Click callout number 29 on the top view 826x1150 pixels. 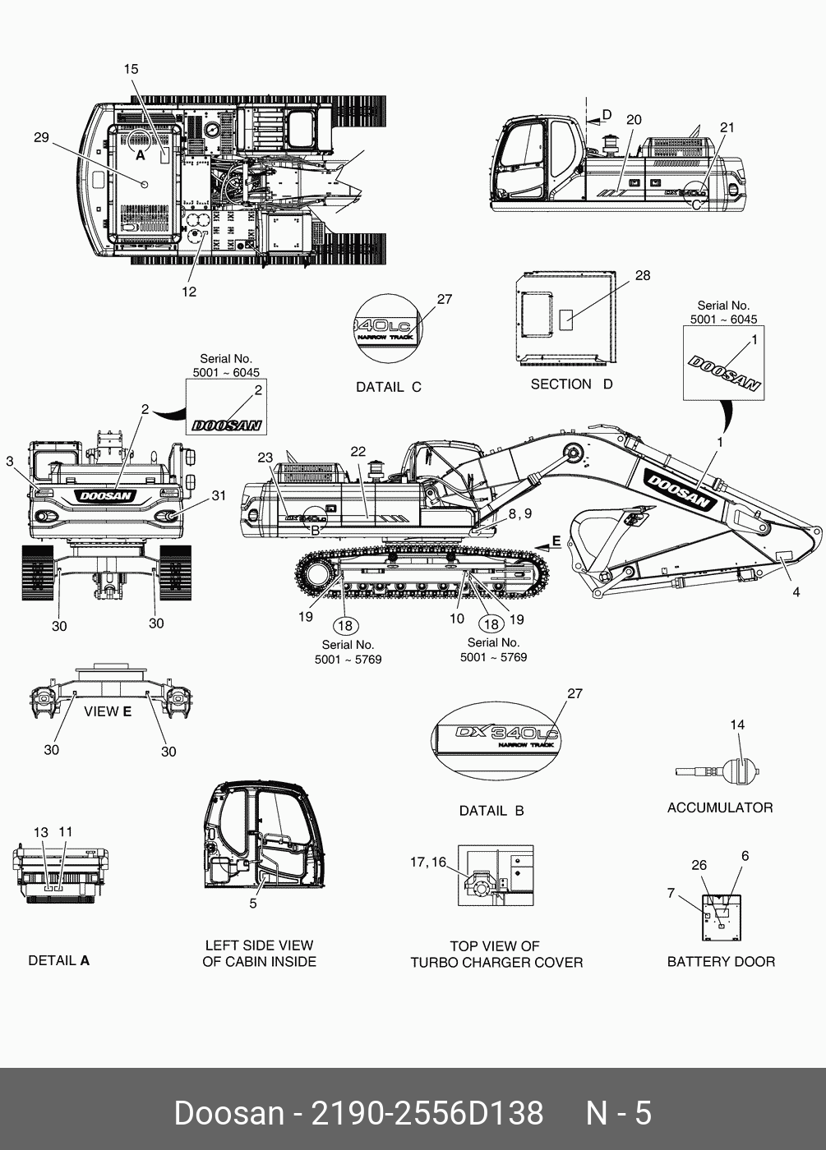pyautogui.click(x=41, y=137)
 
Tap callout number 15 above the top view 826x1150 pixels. pyautogui.click(x=132, y=69)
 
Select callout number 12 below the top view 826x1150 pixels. pyautogui.click(x=189, y=292)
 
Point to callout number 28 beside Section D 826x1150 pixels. pyautogui.click(x=643, y=275)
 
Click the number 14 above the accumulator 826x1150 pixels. pyautogui.click(x=737, y=724)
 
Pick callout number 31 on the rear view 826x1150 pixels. pyautogui.click(x=219, y=495)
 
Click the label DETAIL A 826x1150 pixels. pyautogui.click(x=58, y=960)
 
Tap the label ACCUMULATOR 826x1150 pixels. pyautogui.click(x=720, y=807)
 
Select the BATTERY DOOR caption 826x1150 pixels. pyautogui.click(x=721, y=961)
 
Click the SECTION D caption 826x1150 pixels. pyautogui.click(x=571, y=384)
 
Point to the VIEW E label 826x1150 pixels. pyautogui.click(x=108, y=711)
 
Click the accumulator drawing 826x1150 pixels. pyautogui.click(x=719, y=772)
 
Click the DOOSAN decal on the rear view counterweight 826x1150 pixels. pyautogui.click(x=106, y=495)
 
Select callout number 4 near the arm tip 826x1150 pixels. pyautogui.click(x=796, y=591)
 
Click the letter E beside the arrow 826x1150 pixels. pyautogui.click(x=556, y=540)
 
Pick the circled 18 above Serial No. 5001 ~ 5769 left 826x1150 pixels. pyautogui.click(x=345, y=626)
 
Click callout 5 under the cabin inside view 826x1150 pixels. pyautogui.click(x=253, y=904)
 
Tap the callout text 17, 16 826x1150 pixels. pyautogui.click(x=427, y=862)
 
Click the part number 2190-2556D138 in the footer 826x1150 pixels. pyautogui.click(x=426, y=1113)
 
